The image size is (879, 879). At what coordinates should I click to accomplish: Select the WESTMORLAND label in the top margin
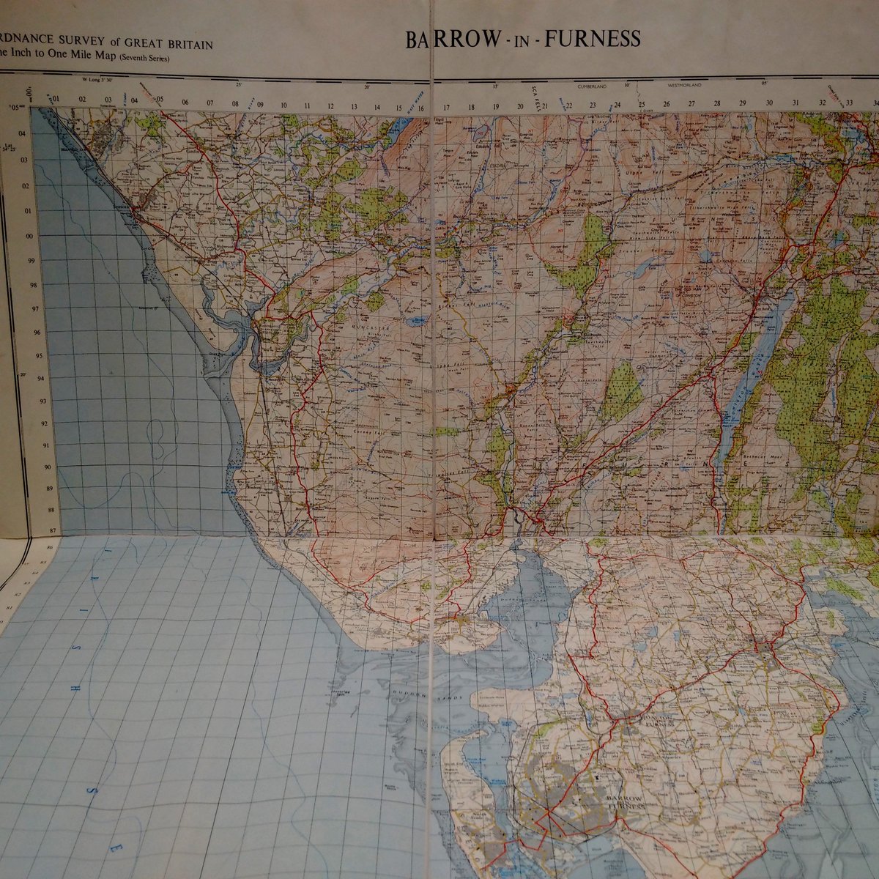click(683, 86)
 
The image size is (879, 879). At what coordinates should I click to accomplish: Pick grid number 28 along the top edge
click(717, 103)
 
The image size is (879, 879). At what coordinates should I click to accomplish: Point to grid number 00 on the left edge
click(30, 236)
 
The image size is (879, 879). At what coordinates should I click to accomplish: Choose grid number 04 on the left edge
click(23, 133)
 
